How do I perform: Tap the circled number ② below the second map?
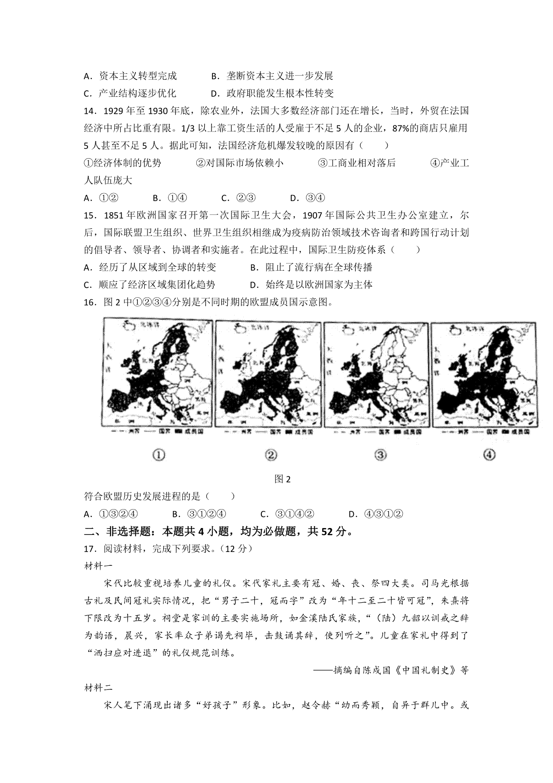[x=271, y=455]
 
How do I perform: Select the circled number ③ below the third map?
[x=380, y=455]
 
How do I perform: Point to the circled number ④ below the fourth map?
[x=489, y=455]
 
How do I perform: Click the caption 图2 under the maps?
[x=282, y=479]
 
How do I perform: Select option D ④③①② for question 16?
[x=376, y=514]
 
